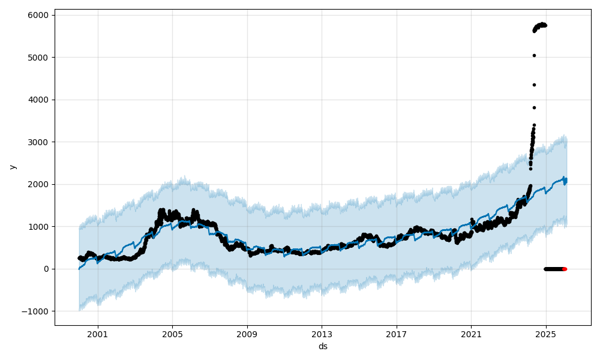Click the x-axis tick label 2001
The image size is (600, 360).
[x=97, y=333]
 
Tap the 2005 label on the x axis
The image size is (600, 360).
[x=172, y=333]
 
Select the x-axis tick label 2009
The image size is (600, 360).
[x=247, y=333]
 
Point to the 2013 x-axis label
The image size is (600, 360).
[x=322, y=333]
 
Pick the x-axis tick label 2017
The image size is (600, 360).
[x=397, y=333]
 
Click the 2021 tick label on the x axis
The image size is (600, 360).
[x=471, y=333]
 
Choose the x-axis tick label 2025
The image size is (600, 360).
[x=546, y=333]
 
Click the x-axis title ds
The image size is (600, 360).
[x=323, y=346]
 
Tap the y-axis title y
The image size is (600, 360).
[x=13, y=167]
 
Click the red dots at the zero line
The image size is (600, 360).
[x=565, y=269]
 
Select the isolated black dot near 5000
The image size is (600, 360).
[x=534, y=55]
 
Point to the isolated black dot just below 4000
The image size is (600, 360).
[x=534, y=107]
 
